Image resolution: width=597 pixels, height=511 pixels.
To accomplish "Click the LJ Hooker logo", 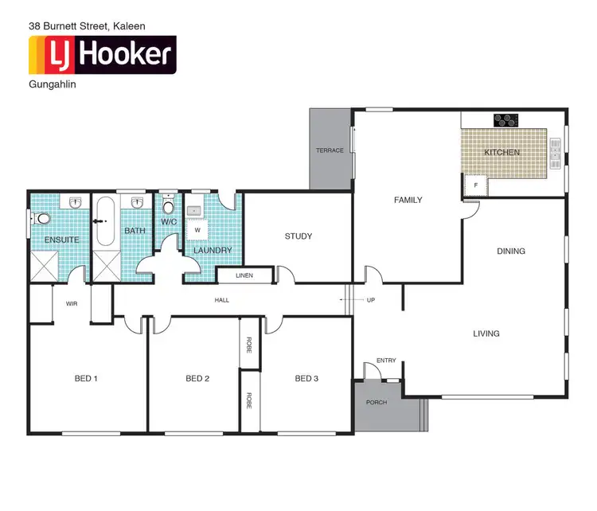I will click(x=102, y=55).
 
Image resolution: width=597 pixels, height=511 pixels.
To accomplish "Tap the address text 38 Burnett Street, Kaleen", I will click(x=87, y=25).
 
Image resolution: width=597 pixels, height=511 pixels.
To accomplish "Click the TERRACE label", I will click(x=330, y=150).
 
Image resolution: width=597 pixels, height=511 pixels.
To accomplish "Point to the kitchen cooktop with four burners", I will click(x=506, y=121).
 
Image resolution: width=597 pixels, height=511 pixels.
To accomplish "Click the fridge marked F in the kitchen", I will click(x=475, y=185).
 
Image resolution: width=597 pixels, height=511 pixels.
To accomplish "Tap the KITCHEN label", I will click(x=502, y=152).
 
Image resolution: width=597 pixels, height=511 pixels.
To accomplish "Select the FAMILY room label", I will click(x=408, y=201).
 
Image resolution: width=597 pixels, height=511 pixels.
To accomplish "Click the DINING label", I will click(x=511, y=252).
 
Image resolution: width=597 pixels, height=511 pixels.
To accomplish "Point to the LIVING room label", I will click(x=486, y=334).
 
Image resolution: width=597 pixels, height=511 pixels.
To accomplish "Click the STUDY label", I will click(x=298, y=236).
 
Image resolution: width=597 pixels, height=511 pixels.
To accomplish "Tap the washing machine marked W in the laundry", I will click(x=197, y=231).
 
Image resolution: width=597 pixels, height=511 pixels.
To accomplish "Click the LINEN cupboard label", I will click(x=245, y=276).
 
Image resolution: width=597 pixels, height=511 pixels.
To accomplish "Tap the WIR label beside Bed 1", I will click(x=71, y=303).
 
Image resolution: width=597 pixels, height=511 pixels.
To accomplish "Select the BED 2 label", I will click(x=197, y=379).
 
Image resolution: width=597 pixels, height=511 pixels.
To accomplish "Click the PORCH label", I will click(x=376, y=403).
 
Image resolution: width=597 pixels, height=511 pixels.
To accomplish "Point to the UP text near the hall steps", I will click(x=370, y=300).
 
